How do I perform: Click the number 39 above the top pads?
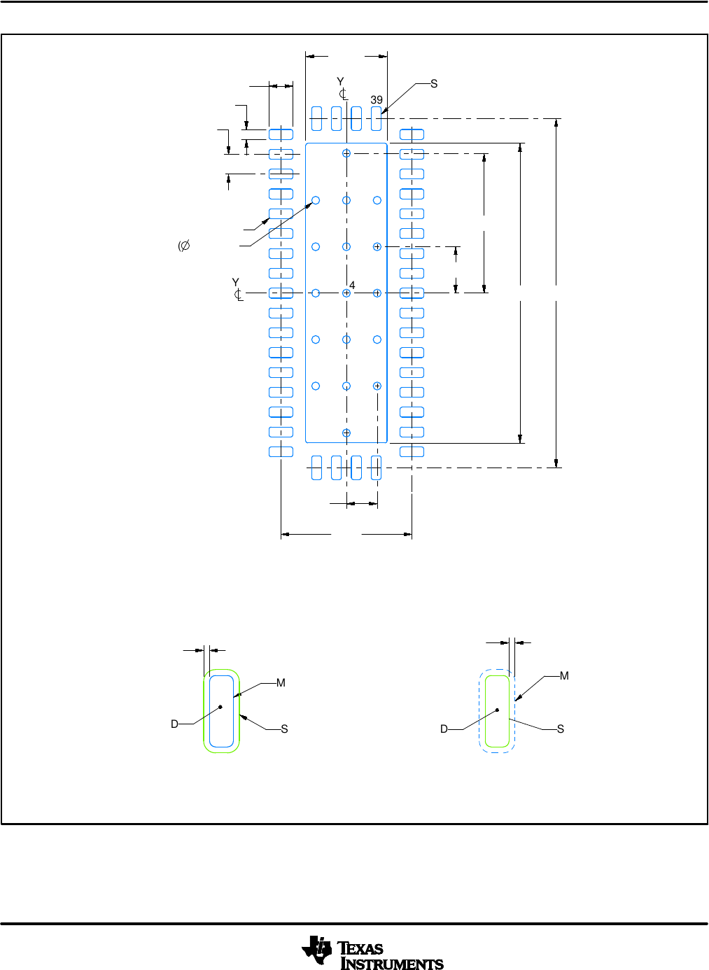tap(377, 100)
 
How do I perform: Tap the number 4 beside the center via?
tap(352, 286)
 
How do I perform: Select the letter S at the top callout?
tap(434, 84)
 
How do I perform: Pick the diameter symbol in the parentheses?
tap(185, 246)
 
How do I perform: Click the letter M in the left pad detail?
tap(281, 683)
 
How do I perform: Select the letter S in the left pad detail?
tap(284, 729)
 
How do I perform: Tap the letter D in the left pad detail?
tap(174, 724)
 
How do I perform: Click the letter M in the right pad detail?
tap(564, 676)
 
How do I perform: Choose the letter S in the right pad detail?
tap(561, 729)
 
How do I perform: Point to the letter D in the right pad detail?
tap(444, 729)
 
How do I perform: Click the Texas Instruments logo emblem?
tap(317, 950)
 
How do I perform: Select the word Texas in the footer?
tap(361, 949)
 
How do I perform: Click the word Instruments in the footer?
tap(392, 964)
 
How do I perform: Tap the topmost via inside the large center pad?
tap(346, 153)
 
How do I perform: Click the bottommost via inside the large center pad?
tap(346, 433)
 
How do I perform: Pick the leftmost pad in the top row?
tap(316, 118)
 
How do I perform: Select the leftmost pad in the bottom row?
tap(316, 468)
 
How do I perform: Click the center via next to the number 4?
tap(346, 293)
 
